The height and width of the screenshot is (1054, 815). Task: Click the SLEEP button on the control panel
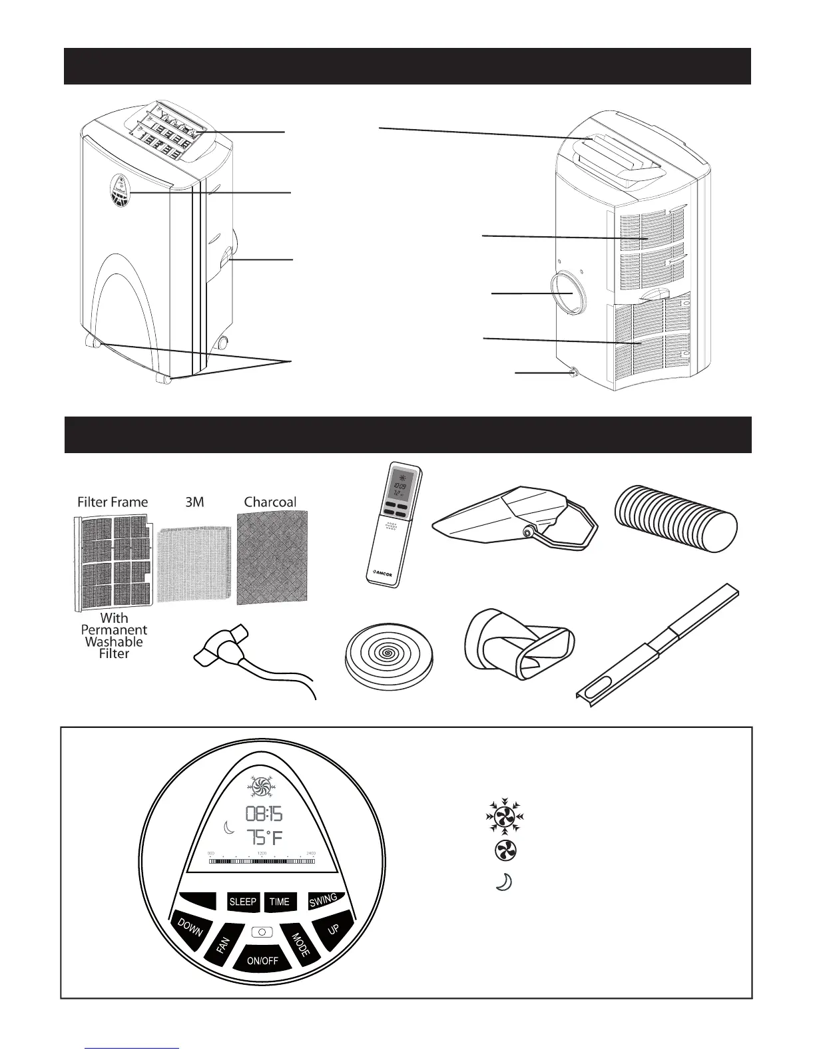[242, 902]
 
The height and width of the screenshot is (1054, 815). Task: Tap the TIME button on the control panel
[280, 902]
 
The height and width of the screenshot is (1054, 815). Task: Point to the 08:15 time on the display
[264, 813]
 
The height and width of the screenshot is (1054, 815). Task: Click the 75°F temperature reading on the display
[264, 838]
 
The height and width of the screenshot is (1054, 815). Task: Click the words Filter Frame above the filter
[113, 502]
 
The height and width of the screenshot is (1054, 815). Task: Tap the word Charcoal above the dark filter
[270, 502]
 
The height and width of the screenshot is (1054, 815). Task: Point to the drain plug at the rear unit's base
[572, 374]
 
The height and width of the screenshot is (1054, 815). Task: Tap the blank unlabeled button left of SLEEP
[198, 900]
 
